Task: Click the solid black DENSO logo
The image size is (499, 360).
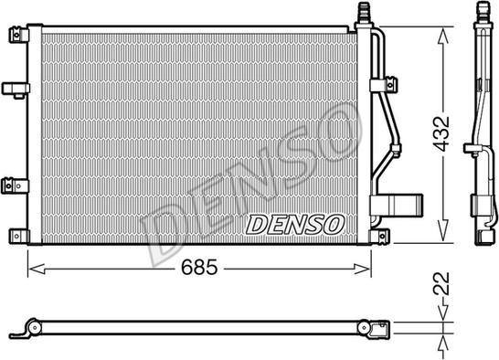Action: (295, 222)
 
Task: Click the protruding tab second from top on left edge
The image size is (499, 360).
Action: (15, 89)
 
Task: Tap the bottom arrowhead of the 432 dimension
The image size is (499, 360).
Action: (443, 239)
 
